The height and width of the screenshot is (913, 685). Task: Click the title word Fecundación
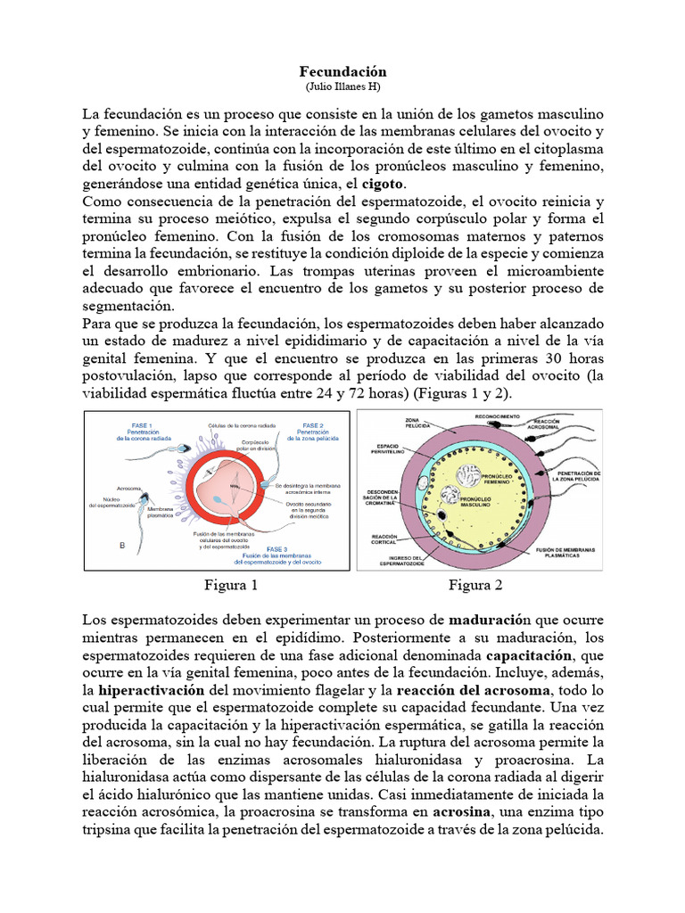pyautogui.click(x=342, y=70)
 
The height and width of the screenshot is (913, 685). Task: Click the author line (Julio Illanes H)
pyautogui.click(x=342, y=86)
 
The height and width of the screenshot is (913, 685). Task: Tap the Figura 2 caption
pyautogui.click(x=475, y=586)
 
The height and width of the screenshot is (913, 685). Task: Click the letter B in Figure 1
pyautogui.click(x=96, y=543)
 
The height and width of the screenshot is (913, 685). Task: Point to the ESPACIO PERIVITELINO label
pyautogui.click(x=391, y=448)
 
